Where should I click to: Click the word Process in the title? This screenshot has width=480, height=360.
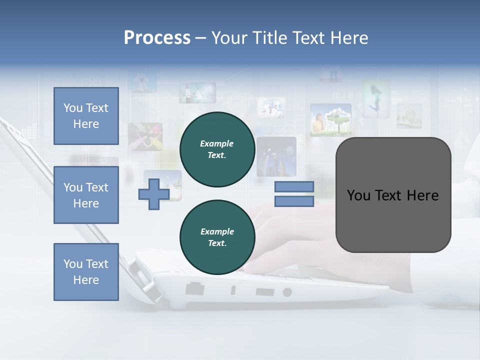click(x=157, y=38)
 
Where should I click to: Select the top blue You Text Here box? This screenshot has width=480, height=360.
click(x=86, y=116)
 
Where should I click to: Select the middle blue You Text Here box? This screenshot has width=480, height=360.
click(x=86, y=195)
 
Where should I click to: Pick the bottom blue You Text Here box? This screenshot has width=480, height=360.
click(x=86, y=272)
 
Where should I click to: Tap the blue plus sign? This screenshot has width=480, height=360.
click(x=153, y=194)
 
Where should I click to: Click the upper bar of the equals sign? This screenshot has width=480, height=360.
click(x=294, y=187)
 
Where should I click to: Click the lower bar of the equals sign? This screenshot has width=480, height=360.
click(x=294, y=201)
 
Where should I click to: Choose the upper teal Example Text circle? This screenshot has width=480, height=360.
click(x=217, y=149)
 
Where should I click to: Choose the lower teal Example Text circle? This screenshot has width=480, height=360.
click(x=217, y=237)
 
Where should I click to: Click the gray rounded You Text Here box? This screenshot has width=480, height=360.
click(x=393, y=194)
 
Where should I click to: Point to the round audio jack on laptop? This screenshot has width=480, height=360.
click(x=287, y=292)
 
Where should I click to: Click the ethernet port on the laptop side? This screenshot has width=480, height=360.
click(x=194, y=288)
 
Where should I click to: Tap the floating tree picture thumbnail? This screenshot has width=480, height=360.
click(x=331, y=120)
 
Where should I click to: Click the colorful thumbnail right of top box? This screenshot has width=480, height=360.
click(x=145, y=136)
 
